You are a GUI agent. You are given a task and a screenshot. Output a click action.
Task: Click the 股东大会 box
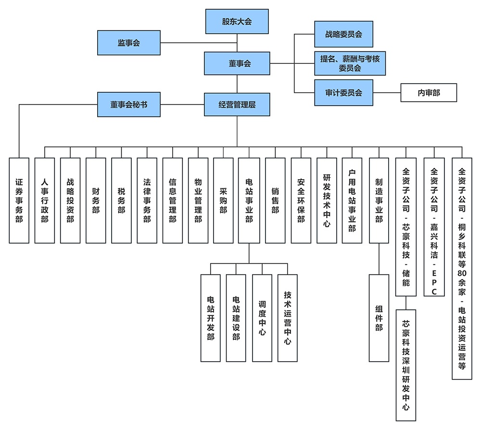(237, 22)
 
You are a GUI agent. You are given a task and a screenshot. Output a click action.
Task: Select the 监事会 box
(128, 43)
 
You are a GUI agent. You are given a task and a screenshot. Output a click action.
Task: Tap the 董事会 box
(236, 64)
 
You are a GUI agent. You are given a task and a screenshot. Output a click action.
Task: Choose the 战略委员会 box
(343, 34)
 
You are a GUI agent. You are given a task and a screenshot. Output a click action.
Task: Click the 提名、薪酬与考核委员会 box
(350, 63)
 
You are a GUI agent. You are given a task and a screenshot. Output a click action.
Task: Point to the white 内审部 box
(428, 93)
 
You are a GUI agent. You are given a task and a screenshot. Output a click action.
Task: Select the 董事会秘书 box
(128, 105)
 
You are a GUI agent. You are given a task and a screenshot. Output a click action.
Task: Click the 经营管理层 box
(236, 105)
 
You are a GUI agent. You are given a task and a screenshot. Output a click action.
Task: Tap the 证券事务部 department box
(19, 200)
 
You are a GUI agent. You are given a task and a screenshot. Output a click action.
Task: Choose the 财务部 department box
(96, 200)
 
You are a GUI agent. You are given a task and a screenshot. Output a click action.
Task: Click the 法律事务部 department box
(147, 200)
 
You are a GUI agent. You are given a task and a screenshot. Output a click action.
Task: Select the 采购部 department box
(223, 200)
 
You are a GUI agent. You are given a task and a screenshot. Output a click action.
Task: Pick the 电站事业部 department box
(249, 200)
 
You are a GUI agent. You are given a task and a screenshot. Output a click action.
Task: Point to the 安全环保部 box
(301, 200)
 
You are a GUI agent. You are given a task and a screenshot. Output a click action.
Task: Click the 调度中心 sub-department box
(262, 318)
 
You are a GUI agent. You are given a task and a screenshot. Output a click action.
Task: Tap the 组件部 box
(379, 318)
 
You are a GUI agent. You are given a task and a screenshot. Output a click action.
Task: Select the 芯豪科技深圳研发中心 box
(405, 365)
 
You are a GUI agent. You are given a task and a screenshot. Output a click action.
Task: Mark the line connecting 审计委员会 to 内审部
(388, 93)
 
